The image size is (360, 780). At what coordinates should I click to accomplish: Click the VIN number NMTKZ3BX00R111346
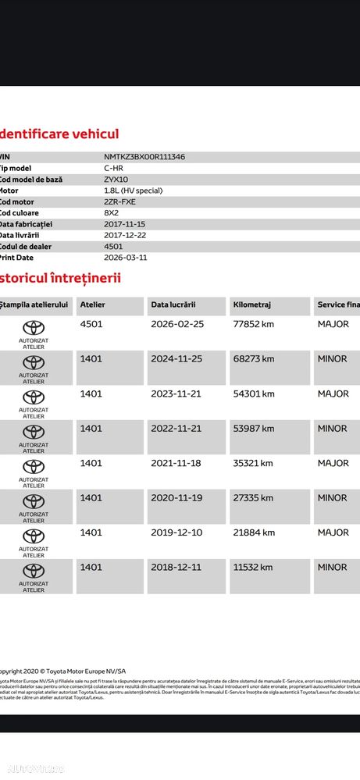(x=144, y=157)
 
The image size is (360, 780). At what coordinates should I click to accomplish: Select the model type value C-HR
(x=114, y=168)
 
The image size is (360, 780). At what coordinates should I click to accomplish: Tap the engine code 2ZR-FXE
(x=119, y=201)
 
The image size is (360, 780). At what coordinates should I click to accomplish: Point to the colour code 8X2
(x=111, y=212)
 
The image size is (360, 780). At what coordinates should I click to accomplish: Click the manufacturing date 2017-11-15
(x=125, y=224)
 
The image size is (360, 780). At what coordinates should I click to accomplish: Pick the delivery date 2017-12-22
(x=125, y=235)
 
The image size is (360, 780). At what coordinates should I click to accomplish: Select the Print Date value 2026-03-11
(x=125, y=257)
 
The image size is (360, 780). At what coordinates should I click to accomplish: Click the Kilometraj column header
(x=251, y=305)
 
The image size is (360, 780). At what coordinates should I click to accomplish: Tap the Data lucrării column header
(x=173, y=305)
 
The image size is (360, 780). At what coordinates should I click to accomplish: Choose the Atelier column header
(x=92, y=305)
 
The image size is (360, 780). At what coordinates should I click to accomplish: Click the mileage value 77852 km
(x=254, y=324)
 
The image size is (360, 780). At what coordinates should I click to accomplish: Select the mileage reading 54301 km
(x=254, y=394)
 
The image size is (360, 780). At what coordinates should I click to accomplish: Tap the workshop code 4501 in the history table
(x=91, y=324)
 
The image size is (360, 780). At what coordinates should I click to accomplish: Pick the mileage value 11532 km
(x=253, y=567)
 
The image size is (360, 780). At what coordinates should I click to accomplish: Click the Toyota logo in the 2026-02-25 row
(x=34, y=328)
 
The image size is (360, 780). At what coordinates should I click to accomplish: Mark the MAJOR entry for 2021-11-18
(x=333, y=463)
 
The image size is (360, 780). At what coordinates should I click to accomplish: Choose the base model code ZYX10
(x=117, y=180)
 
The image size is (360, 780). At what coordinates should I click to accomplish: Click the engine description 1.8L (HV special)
(x=134, y=191)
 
